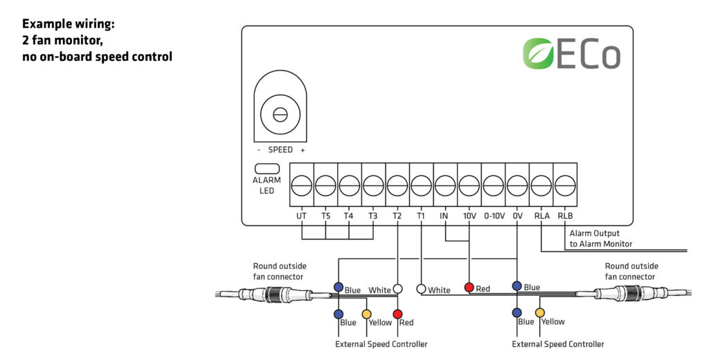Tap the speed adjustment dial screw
pos(280,115)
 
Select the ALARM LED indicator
pos(267,168)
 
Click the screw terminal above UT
pos(301,186)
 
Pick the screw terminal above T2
pos(397,186)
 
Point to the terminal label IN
pos(445,216)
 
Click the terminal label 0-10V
pos(492,216)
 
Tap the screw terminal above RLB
pos(565,186)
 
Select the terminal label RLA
pos(541,216)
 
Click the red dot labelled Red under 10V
pos(469,287)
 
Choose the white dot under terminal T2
pos(397,289)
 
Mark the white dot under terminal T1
pos(421,289)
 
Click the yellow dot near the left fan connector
pos(367,314)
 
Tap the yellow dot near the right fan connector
pos(540,313)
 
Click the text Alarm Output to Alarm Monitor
pos(600,239)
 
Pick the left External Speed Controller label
pos(381,344)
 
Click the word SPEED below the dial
pos(280,150)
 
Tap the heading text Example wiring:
pos(68,24)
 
